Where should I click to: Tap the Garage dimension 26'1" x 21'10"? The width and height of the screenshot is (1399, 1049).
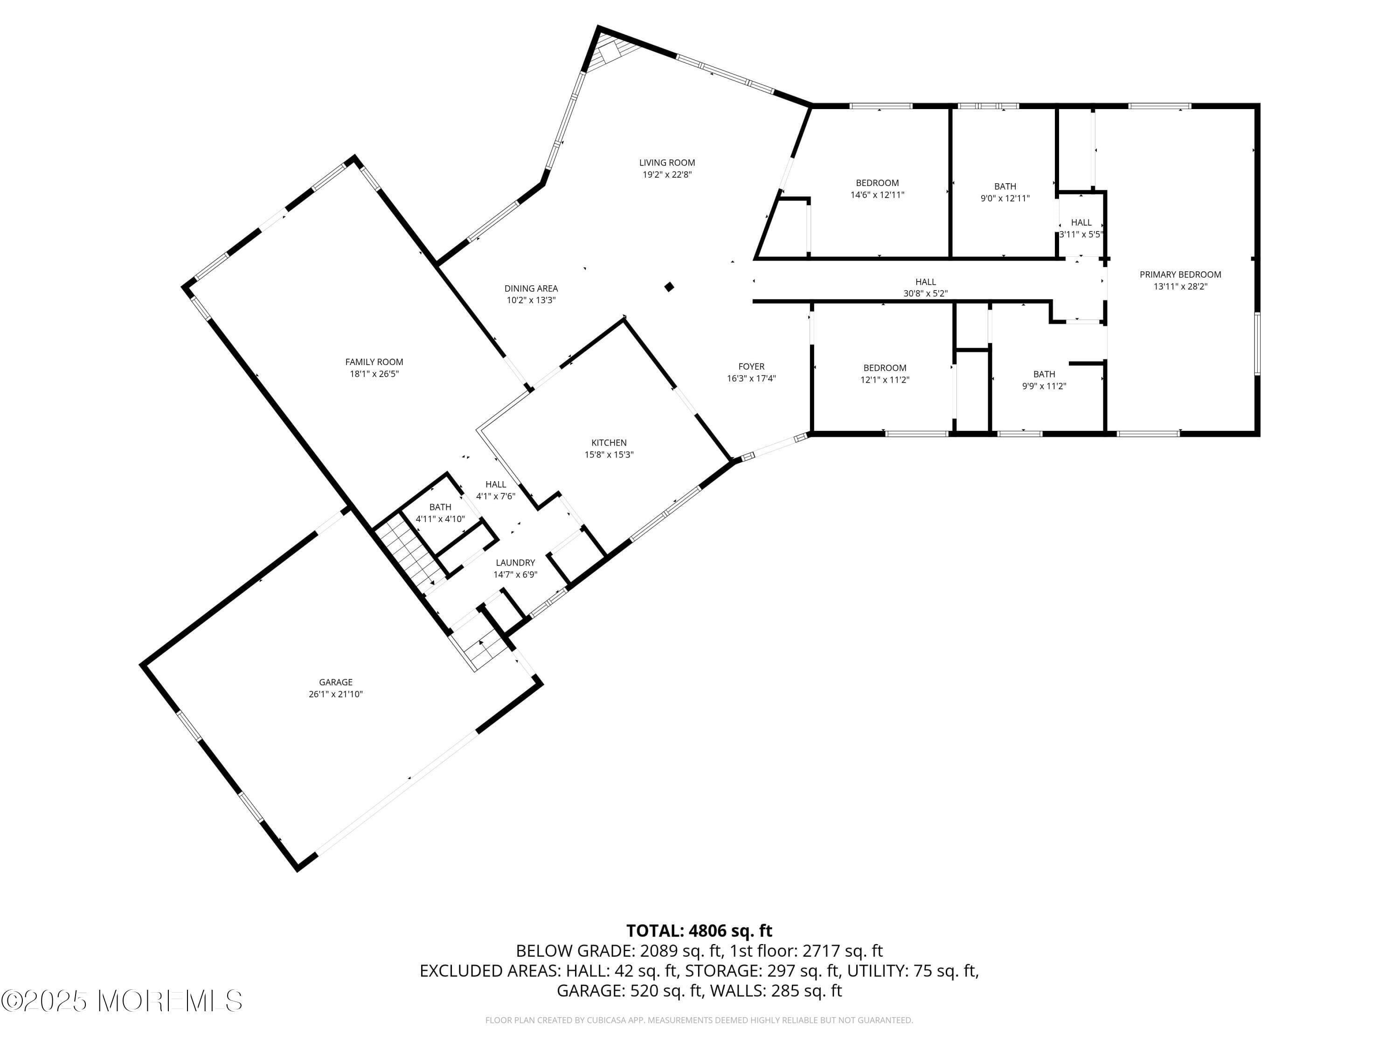(x=335, y=694)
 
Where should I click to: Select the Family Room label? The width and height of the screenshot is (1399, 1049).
(x=374, y=362)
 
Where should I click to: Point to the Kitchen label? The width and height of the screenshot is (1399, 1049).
(x=609, y=442)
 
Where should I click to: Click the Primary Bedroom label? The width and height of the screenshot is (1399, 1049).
(x=1180, y=275)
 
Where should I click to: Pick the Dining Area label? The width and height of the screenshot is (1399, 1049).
(x=531, y=288)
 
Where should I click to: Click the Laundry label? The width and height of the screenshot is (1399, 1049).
(x=515, y=562)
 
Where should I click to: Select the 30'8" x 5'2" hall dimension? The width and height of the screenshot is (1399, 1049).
(x=925, y=293)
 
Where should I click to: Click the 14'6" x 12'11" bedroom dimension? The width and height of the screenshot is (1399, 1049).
(x=877, y=195)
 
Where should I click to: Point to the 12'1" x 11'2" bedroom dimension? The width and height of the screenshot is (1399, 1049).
(x=884, y=380)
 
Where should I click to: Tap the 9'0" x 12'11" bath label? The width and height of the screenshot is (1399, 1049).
(x=1004, y=186)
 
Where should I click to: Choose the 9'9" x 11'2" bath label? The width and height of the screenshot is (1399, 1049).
(x=1044, y=374)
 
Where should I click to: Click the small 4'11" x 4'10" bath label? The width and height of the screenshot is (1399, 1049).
(x=440, y=507)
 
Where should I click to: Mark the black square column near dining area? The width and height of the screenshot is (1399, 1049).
(x=669, y=287)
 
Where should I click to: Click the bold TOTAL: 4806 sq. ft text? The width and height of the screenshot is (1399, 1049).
(x=699, y=931)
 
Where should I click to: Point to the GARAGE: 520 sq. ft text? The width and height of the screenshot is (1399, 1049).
(x=629, y=991)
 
